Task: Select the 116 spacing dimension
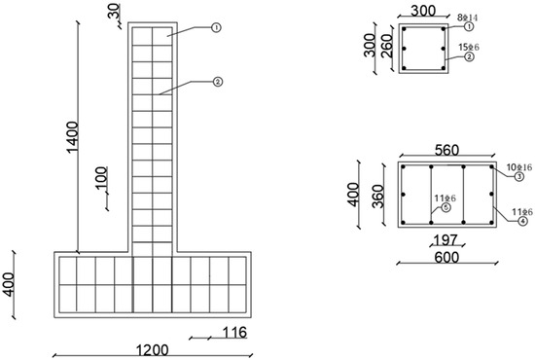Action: (x=234, y=333)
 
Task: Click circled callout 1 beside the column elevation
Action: (x=217, y=29)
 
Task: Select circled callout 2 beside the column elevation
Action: (x=217, y=82)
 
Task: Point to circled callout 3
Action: (x=519, y=177)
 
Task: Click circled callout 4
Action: (x=519, y=221)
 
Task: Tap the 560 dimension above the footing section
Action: (x=447, y=152)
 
